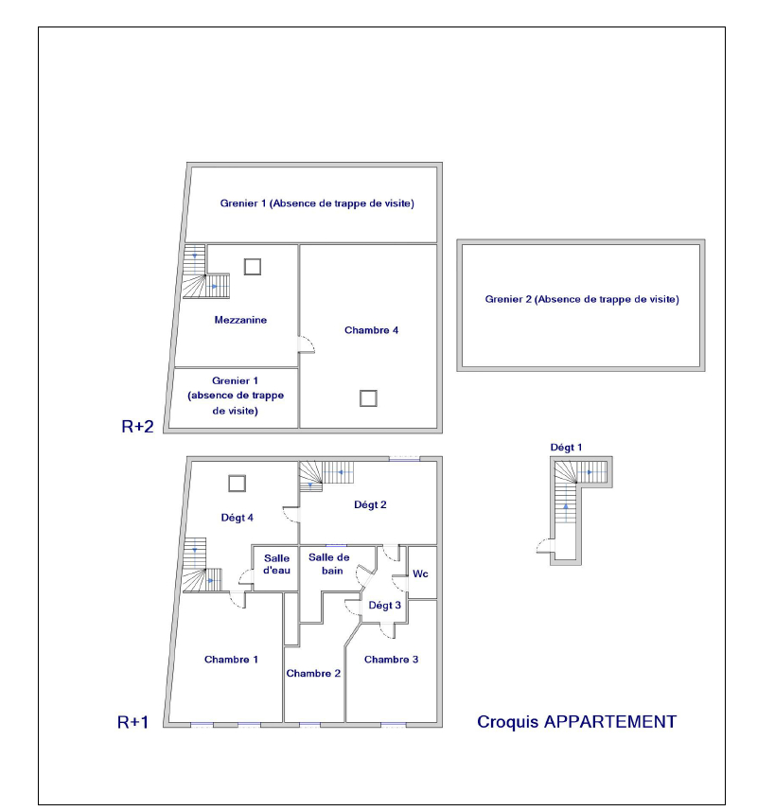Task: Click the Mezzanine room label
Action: [240, 320]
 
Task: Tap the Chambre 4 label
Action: [371, 330]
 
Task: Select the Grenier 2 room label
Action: [582, 299]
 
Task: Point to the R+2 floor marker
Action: [137, 426]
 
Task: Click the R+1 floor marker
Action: [132, 722]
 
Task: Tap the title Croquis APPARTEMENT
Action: [576, 722]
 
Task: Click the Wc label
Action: [420, 573]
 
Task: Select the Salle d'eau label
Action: [276, 564]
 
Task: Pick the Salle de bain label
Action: [329, 564]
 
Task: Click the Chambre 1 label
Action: [231, 660]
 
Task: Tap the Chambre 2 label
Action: [313, 674]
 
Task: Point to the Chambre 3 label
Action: [392, 660]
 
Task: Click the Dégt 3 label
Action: [385, 606]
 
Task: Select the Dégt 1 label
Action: [566, 448]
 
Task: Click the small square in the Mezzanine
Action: [253, 267]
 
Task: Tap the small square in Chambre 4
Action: [368, 398]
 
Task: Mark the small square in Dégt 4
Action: [237, 484]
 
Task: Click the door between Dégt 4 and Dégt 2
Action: [291, 514]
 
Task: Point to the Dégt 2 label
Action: [370, 504]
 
